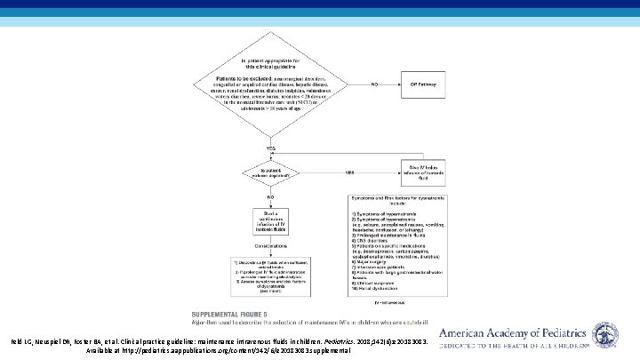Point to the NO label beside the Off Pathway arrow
[x=375, y=84]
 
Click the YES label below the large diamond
[x=269, y=148]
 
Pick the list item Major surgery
[x=364, y=258]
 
